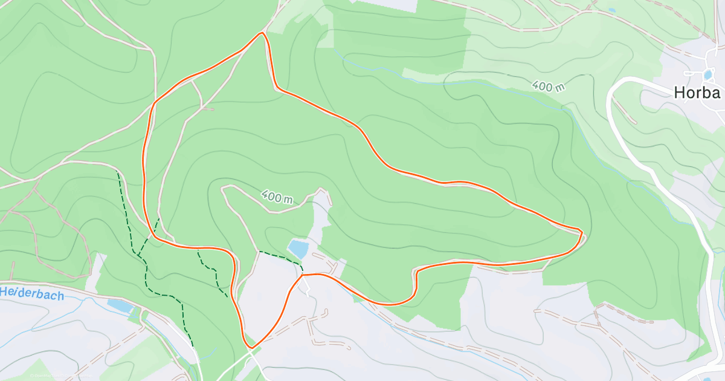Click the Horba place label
[698, 93]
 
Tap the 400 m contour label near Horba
[549, 86]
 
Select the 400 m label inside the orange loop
[277, 197]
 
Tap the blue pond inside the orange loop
[297, 248]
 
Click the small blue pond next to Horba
[707, 75]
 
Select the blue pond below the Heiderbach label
[120, 306]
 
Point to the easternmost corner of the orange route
[581, 232]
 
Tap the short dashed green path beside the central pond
[280, 256]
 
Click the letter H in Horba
[679, 93]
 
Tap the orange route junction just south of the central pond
[301, 275]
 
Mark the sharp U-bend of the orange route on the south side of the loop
[416, 272]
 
